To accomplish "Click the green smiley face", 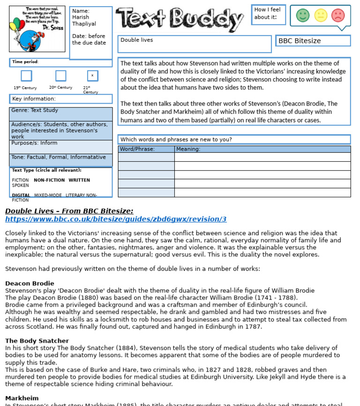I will click(303, 15).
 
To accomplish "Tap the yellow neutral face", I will click(321, 15).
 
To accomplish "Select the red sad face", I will click(338, 15).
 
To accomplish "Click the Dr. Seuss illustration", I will click(37, 29).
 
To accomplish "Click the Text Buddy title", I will click(180, 19).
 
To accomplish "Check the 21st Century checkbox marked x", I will click(92, 75).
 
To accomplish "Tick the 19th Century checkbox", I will click(26, 75).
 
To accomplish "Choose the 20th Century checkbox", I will click(60, 75).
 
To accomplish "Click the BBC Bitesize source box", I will click(313, 41).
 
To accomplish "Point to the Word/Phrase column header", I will click(137, 149).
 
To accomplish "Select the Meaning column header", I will click(188, 149).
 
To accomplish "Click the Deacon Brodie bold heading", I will click(30, 284).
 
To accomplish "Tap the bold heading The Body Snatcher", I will click(37, 341).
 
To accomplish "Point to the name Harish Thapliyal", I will click(84, 21).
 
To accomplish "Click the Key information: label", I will click(34, 99).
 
